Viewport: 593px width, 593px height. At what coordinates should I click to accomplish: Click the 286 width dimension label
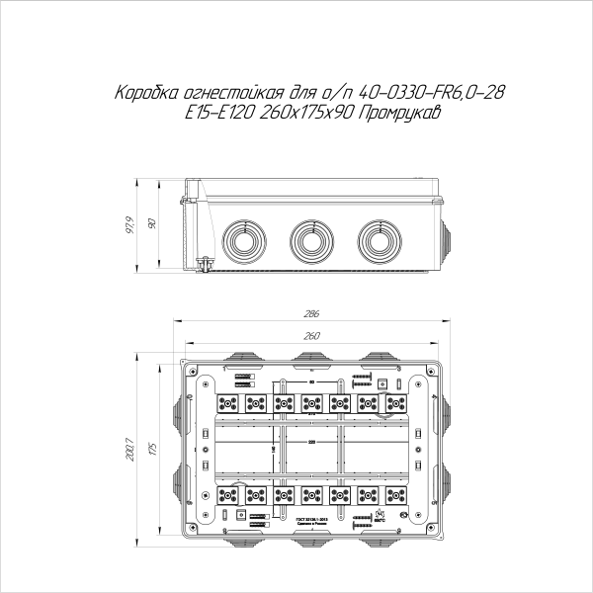click(311, 314)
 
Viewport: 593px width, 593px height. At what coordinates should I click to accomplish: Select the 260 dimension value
click(311, 336)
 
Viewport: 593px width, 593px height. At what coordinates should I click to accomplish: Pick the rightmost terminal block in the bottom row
click(397, 493)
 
